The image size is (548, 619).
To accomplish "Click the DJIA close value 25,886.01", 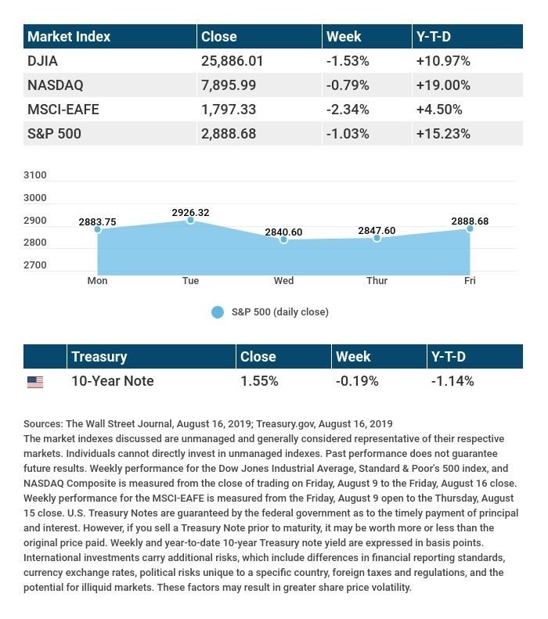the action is pyautogui.click(x=233, y=61).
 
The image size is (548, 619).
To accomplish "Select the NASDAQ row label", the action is pyautogui.click(x=56, y=85).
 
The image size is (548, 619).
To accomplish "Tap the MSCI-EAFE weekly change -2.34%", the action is pyautogui.click(x=348, y=110).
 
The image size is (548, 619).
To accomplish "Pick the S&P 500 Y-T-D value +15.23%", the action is pyautogui.click(x=443, y=134).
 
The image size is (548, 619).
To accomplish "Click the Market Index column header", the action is pyautogui.click(x=69, y=37).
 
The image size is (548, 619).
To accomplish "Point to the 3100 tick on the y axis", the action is pyautogui.click(x=35, y=175).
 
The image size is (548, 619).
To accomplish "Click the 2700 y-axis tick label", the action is pyautogui.click(x=35, y=265).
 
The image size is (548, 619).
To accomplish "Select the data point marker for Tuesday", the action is pyautogui.click(x=190, y=220).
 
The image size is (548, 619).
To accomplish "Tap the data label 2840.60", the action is pyautogui.click(x=283, y=232).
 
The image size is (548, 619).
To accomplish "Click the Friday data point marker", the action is pyautogui.click(x=470, y=229).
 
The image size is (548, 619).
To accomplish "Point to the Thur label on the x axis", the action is pyautogui.click(x=377, y=281).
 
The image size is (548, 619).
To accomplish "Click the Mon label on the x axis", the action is pyautogui.click(x=97, y=281).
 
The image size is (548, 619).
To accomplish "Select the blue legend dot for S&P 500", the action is pyautogui.click(x=218, y=312).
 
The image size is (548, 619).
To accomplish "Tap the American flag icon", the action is pyautogui.click(x=35, y=382).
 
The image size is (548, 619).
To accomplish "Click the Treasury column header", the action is pyautogui.click(x=99, y=357).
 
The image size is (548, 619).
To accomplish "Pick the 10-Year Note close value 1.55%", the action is pyautogui.click(x=259, y=381).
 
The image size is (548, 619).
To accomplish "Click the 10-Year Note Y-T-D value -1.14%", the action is pyautogui.click(x=452, y=381).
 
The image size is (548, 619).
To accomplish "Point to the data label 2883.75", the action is pyautogui.click(x=97, y=222).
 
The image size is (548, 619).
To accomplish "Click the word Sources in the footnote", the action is pyautogui.click(x=43, y=424).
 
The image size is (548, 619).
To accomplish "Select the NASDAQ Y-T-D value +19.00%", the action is pyautogui.click(x=443, y=85).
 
